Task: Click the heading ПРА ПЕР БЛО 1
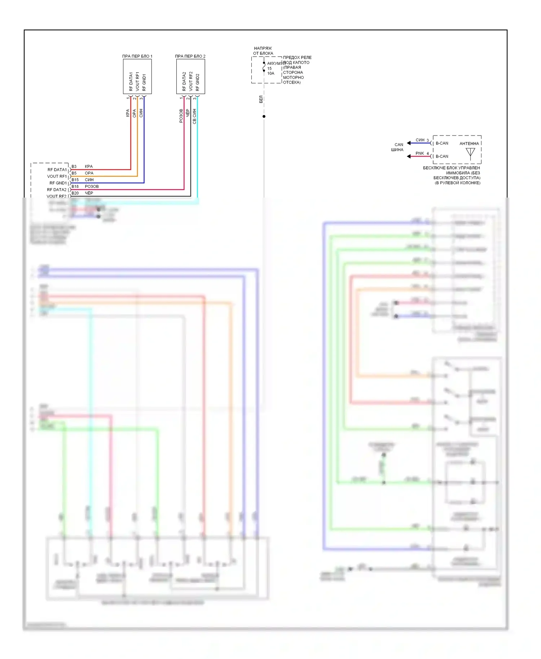click(x=137, y=56)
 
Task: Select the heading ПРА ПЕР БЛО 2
click(x=190, y=56)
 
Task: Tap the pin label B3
click(x=74, y=167)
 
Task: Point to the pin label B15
click(x=75, y=180)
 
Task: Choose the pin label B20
click(x=75, y=193)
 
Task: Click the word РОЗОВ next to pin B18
click(x=92, y=186)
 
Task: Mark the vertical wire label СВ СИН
click(x=194, y=116)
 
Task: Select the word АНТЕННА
click(x=469, y=143)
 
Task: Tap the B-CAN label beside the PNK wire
click(x=442, y=156)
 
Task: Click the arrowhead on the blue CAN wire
click(x=409, y=143)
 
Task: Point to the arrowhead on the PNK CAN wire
click(x=409, y=156)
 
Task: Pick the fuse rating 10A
click(x=271, y=74)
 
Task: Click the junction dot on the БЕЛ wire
click(x=264, y=116)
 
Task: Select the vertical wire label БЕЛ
click(x=261, y=99)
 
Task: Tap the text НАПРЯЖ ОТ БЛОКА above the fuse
click(x=263, y=51)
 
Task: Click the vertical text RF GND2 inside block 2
click(x=197, y=82)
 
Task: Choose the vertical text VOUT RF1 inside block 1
click(x=137, y=81)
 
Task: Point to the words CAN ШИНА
click(x=397, y=147)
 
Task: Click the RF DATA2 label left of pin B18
click(x=57, y=190)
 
